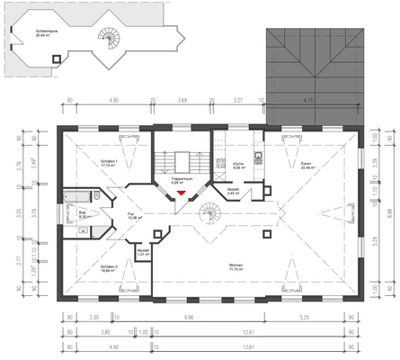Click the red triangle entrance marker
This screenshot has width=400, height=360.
(x=182, y=192)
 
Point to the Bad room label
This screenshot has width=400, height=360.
(x=82, y=215)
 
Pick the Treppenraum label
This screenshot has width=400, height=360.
(x=182, y=181)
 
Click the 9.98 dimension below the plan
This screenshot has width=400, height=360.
(x=188, y=317)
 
